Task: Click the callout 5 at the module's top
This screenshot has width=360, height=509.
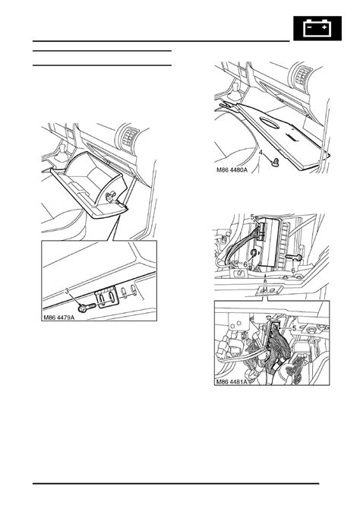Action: coord(253,217)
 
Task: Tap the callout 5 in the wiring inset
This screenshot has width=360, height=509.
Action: coord(294,329)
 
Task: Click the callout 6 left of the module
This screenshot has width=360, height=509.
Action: coord(245,264)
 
